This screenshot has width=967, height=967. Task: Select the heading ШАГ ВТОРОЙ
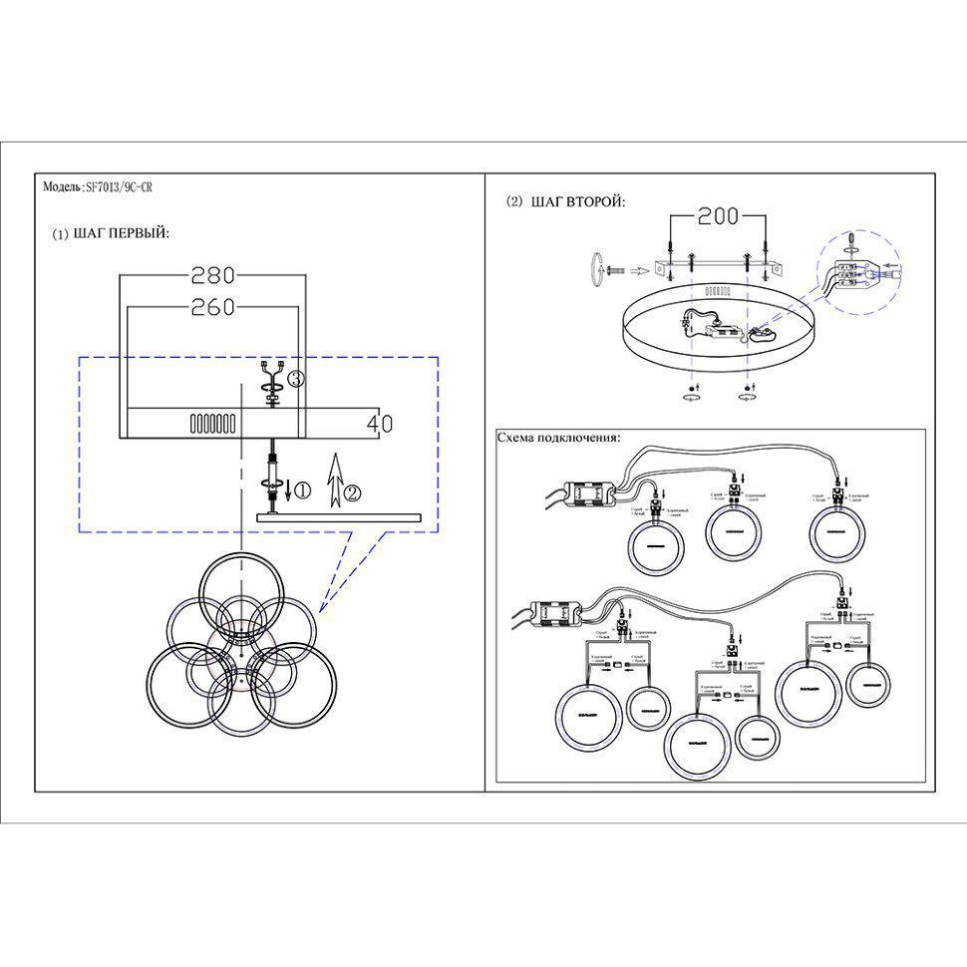579,202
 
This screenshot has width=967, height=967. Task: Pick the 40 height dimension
379,423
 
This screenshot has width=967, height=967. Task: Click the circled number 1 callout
304,489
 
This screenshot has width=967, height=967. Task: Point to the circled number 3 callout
294,378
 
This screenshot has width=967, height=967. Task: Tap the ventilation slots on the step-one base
212,423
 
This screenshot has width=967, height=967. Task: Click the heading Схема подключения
558,439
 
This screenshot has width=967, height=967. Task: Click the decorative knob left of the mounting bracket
597,267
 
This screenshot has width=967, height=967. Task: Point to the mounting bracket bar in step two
718,266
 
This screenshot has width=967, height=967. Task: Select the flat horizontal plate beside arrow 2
338,516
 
